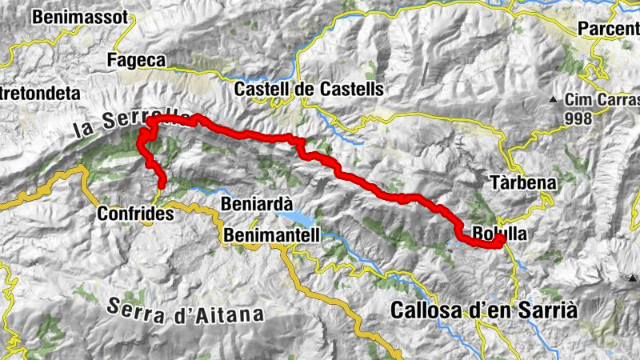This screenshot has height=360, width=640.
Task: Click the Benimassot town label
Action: coord(80,16)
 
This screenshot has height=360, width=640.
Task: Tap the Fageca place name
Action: coord(136,60)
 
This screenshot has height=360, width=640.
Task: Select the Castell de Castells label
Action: coord(298,90)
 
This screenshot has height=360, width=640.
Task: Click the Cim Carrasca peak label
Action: coord(602,101)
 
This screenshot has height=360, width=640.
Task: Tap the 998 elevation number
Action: coord(578,119)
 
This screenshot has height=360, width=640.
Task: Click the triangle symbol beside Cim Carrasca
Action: coord(553,100)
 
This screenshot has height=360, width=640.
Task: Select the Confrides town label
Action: coord(135,214)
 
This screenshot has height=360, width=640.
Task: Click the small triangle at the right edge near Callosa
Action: coord(634,278)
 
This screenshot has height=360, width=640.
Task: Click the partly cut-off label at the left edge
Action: coord(40,94)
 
